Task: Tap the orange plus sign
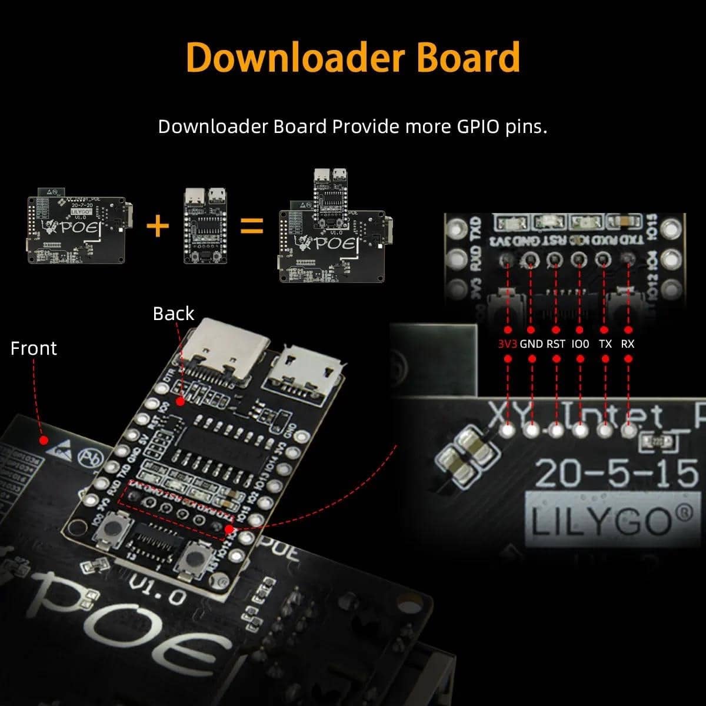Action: pos(157,225)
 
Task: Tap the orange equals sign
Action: pos(252,225)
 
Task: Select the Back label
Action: pos(173,314)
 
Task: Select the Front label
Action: pos(34,348)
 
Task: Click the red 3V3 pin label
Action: pos(507,344)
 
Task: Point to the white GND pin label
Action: pos(531,344)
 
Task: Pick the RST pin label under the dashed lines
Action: pos(556,344)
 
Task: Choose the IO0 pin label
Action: pos(580,344)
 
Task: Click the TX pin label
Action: pos(605,344)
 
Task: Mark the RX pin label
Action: pos(628,344)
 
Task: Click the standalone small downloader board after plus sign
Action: pos(205,225)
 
